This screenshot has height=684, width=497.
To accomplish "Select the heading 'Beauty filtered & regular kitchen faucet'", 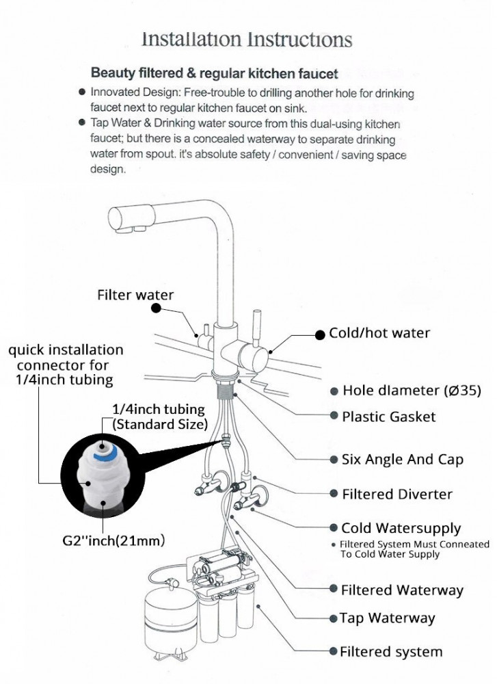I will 214,73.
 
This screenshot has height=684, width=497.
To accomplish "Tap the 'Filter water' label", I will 135,295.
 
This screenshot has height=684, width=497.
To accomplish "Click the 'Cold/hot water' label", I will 379,333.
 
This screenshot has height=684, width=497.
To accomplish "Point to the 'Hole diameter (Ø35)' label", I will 412,391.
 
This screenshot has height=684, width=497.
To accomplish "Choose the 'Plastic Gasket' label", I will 388,417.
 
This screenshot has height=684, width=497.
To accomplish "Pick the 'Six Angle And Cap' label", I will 402,459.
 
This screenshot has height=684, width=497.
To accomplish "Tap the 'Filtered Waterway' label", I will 402,590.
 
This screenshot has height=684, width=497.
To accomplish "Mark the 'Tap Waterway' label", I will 387,618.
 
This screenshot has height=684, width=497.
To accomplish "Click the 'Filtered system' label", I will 391,652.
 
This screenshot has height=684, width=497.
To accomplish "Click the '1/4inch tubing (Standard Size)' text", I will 159,417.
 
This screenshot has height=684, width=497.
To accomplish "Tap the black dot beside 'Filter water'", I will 157,309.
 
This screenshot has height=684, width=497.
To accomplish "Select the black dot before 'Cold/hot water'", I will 319,334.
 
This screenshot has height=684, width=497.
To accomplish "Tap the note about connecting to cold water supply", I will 414,549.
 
